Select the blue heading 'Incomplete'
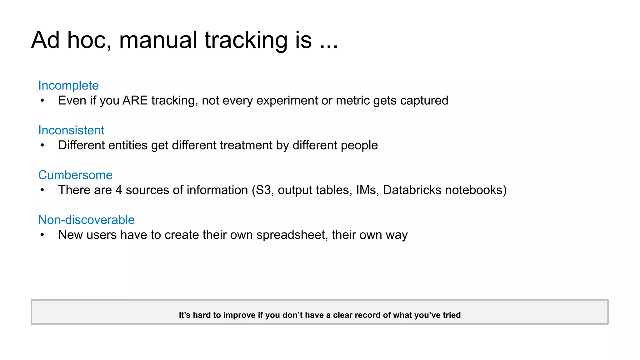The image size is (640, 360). click(68, 85)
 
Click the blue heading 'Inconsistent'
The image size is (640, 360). click(71, 130)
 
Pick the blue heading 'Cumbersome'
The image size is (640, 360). click(75, 175)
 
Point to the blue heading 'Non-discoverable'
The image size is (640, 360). click(86, 220)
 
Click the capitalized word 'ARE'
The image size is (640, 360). click(135, 101)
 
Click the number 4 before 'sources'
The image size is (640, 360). click(119, 190)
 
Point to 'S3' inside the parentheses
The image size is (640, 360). click(263, 190)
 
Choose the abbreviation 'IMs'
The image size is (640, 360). click(367, 190)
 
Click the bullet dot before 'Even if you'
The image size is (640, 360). click(42, 101)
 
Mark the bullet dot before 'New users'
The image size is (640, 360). click(42, 235)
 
